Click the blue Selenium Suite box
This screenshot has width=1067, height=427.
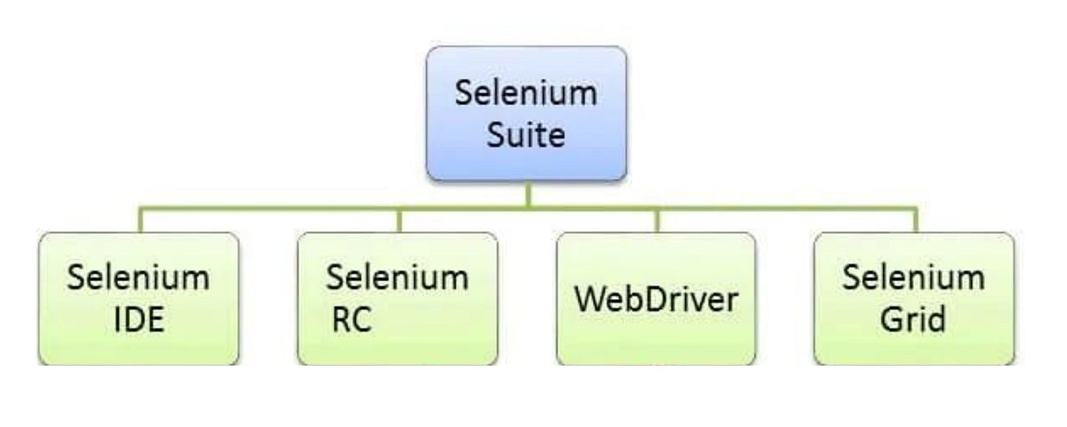526,113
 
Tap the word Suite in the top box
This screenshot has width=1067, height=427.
526,136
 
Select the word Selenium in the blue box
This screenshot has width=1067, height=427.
526,93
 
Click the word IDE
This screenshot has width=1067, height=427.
139,320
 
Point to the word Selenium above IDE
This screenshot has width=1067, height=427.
139,278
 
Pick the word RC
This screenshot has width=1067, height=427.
350,320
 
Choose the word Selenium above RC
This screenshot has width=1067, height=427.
397,278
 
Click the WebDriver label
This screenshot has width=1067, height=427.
656,299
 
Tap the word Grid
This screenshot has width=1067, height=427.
913,320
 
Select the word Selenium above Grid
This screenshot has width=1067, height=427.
913,278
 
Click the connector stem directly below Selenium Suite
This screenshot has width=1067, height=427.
527,194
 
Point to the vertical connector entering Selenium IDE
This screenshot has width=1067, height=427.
140,221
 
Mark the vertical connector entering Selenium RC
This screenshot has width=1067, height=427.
398,221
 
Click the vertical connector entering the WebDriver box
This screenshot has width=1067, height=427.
657,221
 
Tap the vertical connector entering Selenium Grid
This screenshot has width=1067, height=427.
915,221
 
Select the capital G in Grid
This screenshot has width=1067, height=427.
892,320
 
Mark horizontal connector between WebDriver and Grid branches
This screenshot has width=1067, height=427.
786,209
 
